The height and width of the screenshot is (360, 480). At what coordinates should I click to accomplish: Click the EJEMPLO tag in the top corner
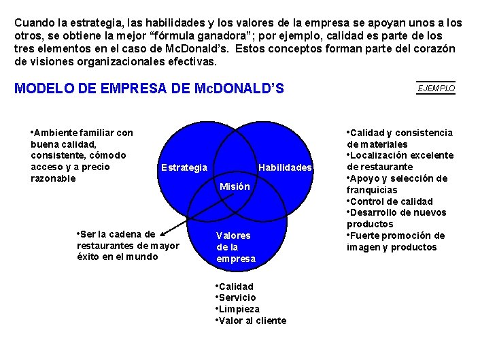[436, 88]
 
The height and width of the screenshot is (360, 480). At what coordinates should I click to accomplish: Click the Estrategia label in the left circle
[184, 167]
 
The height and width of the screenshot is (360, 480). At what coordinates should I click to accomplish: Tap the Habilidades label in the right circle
[286, 167]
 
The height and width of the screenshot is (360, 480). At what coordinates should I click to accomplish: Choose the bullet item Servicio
[237, 297]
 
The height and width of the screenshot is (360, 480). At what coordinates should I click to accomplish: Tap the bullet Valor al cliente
[252, 321]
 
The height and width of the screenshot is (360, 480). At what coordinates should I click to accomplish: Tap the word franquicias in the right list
[372, 190]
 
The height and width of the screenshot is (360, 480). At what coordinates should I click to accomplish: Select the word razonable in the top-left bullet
[54, 178]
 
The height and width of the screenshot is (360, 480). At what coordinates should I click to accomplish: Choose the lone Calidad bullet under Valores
[236, 287]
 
